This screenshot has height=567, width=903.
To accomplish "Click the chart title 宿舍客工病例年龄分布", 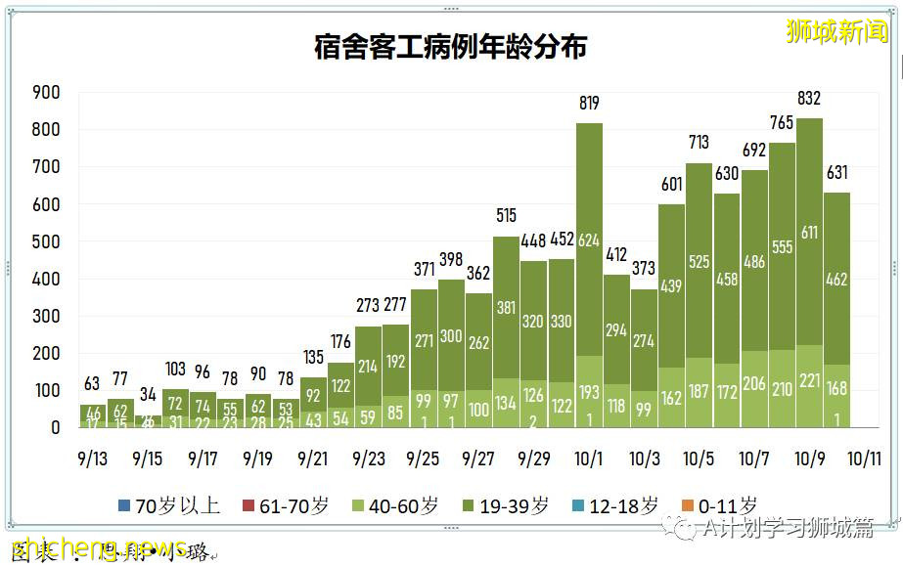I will (x=451, y=46).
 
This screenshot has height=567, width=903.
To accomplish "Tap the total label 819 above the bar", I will (x=588, y=103).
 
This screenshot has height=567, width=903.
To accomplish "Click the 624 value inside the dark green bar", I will (x=589, y=240).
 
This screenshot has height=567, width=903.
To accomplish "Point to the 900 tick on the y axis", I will (x=46, y=93).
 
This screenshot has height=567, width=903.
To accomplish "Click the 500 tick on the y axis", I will (x=46, y=241).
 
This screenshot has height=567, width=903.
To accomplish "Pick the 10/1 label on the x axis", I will (x=589, y=458).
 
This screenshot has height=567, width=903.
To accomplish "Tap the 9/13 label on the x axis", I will (x=92, y=458).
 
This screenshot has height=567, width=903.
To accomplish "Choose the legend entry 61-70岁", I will (x=286, y=505).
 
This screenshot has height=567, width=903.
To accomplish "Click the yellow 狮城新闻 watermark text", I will (x=837, y=31).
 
